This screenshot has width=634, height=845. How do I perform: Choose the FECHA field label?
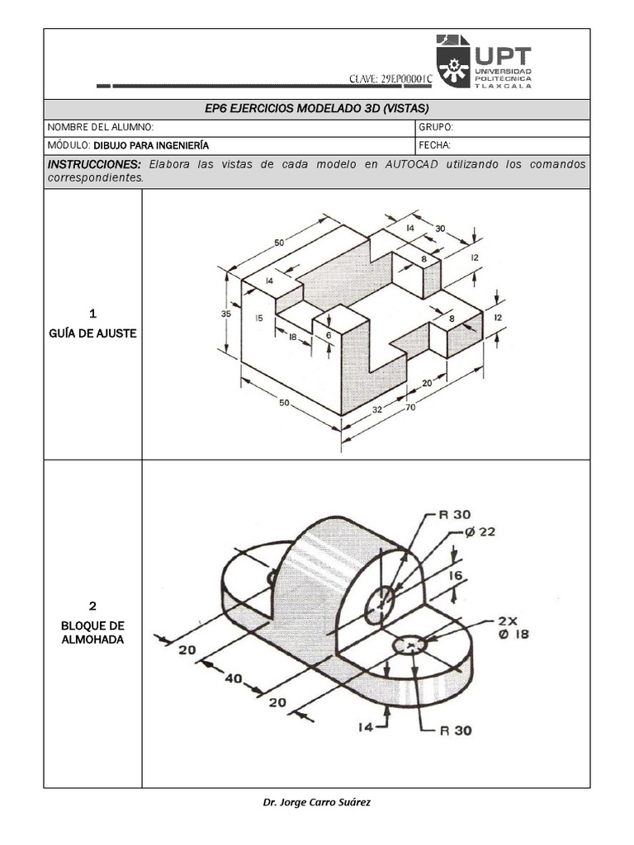pos(435,145)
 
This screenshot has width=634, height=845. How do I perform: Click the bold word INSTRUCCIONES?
pos(94,164)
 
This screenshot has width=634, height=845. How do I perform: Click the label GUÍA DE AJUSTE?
pos(92,333)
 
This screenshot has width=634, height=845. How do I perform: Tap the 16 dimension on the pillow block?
pos(457,577)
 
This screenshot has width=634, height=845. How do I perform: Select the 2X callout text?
pos(508,621)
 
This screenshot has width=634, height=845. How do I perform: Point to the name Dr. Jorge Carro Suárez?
pos(316,802)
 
